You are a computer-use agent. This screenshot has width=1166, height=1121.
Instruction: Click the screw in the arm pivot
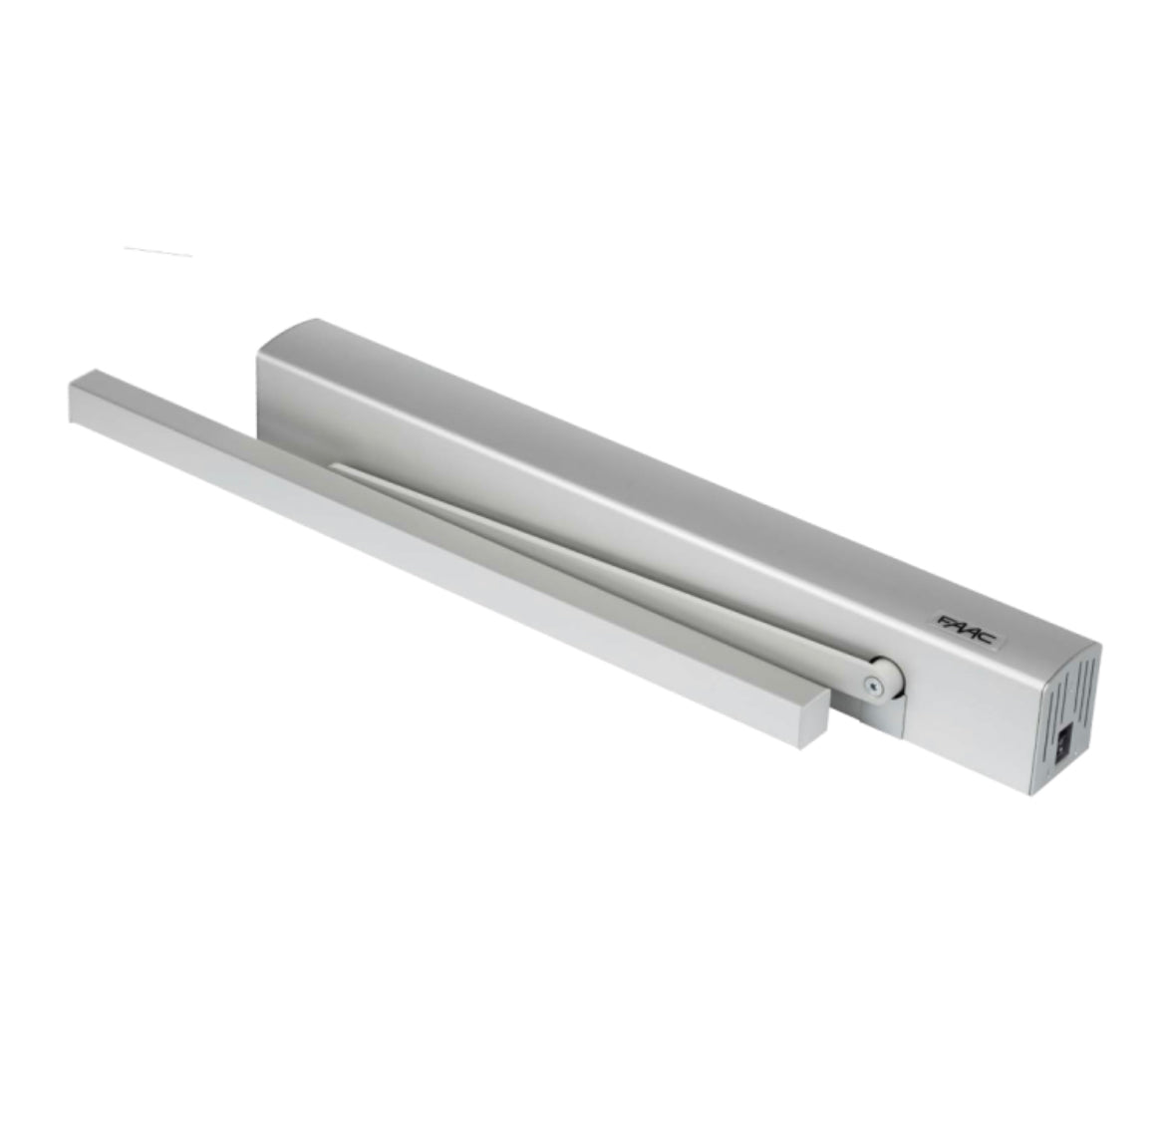875,685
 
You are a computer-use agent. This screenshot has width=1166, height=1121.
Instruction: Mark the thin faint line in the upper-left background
157,251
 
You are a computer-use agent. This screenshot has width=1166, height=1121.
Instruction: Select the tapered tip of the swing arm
339,467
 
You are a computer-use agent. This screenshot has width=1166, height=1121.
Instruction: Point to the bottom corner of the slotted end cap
1030,793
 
